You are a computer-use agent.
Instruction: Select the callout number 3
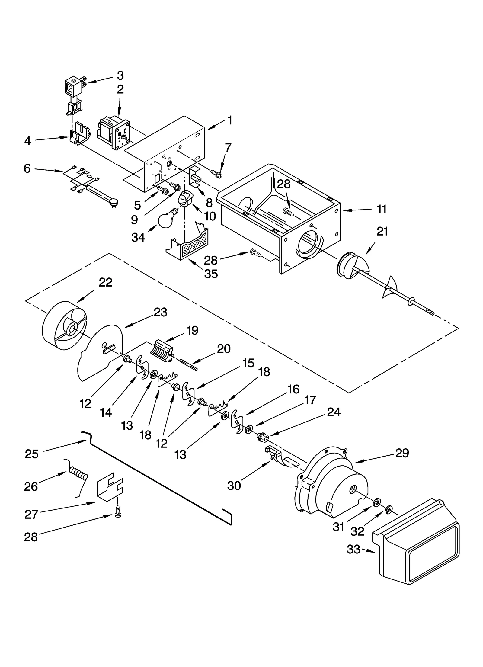coord(120,75)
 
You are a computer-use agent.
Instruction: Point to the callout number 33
coord(353,549)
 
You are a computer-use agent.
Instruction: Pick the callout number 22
coord(105,282)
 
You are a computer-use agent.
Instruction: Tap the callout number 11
coord(382,209)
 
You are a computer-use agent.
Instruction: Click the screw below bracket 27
coord(118,515)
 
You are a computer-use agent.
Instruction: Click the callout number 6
coord(27,168)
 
